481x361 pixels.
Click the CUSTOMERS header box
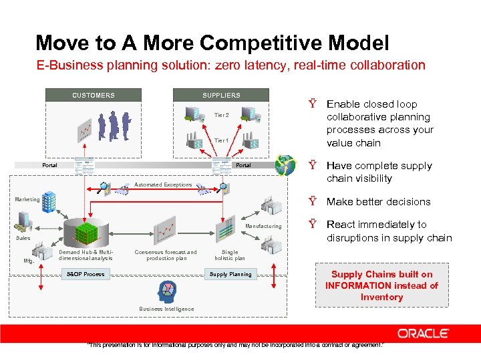[94, 95]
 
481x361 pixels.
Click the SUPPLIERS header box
[222, 95]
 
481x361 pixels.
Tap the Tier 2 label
[221, 115]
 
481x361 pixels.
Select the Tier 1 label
[221, 140]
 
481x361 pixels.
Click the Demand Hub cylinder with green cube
[85, 232]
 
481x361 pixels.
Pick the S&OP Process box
[86, 274]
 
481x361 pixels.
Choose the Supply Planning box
[230, 274]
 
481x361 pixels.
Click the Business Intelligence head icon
[166, 291]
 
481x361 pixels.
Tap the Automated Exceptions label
[163, 185]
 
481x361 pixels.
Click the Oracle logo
[424, 333]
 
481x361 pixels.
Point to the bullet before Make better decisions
[312, 201]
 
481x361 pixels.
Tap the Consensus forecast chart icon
[166, 231]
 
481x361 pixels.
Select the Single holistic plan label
[230, 255]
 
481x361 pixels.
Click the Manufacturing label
[263, 227]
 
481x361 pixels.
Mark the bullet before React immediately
[312, 224]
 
